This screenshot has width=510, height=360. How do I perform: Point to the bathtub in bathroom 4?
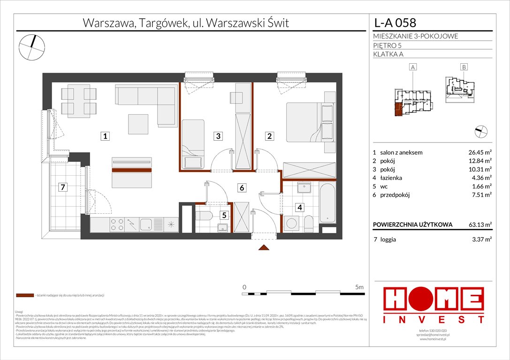[x=327, y=203]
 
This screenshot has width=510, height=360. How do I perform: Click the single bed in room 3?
[x=193, y=143]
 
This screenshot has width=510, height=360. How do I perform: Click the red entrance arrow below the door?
[x=264, y=247]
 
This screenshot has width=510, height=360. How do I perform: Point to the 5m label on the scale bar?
[x=359, y=286]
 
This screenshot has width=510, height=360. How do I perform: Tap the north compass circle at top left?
[x=32, y=46]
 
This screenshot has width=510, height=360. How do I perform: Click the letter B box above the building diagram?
[x=464, y=67]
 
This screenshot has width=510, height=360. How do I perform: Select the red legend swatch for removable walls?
[x=24, y=296]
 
